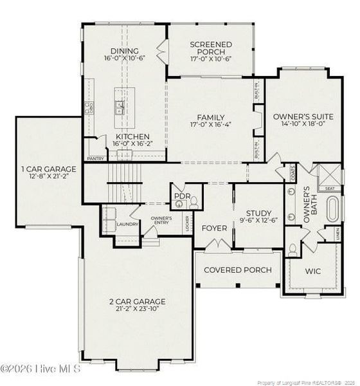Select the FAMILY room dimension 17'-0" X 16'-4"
(x=211, y=125)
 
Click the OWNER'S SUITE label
(x=303, y=116)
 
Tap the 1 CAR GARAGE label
(x=48, y=169)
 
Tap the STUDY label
(x=258, y=213)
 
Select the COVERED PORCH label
(x=237, y=270)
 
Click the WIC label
(x=313, y=271)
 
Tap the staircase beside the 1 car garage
(x=123, y=183)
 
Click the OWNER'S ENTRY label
(x=161, y=220)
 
